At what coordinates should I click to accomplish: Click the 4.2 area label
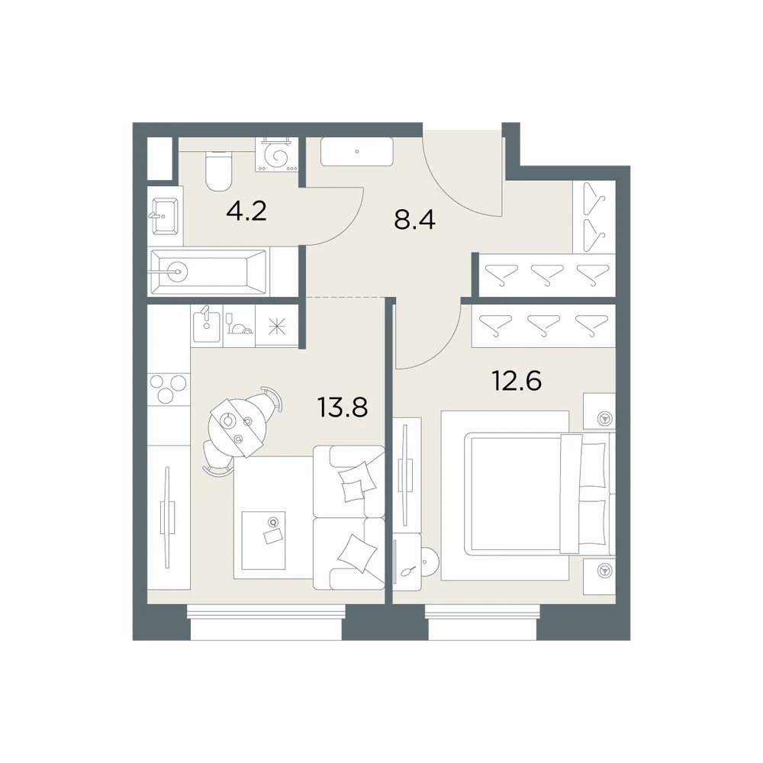point(246,211)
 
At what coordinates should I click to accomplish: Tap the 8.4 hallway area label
point(414,219)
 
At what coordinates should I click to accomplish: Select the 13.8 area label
point(342,407)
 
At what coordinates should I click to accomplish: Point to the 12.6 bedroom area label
point(517,380)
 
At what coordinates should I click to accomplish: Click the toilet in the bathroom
point(218,170)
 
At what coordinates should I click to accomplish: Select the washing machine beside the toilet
point(276,155)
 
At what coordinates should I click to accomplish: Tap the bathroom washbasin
point(165,217)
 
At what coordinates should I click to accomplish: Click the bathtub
point(208,272)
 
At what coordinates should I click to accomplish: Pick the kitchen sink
point(206,325)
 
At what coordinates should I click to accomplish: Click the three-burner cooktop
point(168,388)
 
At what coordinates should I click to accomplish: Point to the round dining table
point(237,428)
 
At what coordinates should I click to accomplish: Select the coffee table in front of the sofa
point(263,540)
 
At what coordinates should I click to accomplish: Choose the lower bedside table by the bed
point(600,576)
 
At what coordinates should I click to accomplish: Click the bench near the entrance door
point(356,151)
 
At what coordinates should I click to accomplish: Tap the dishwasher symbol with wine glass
point(238,325)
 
